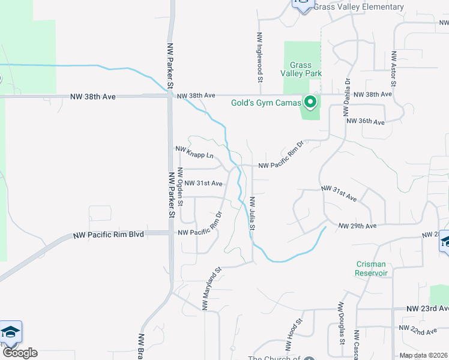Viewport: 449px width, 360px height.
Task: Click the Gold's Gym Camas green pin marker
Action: coord(310,103)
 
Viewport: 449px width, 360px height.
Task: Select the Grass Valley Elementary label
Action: coord(358,7)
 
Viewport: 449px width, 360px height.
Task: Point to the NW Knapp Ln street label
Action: coord(194,152)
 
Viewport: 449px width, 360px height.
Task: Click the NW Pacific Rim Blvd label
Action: coord(108,234)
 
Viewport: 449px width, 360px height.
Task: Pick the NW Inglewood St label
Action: coord(260,57)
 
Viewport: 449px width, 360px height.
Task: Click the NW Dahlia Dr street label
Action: coord(347,95)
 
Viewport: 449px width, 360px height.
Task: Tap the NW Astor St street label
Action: coord(394,69)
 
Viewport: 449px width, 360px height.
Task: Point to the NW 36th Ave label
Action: coord(365,122)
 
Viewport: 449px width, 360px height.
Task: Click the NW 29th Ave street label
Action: coord(357,226)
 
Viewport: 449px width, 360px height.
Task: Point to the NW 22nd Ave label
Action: coord(418,331)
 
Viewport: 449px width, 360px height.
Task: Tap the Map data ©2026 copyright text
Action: coord(423,355)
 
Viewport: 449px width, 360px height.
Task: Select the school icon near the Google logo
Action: coord(10,331)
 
